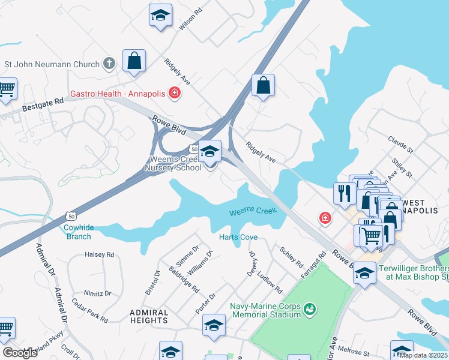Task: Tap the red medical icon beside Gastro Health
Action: (174, 93)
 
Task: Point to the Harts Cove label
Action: (238, 237)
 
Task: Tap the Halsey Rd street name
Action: (100, 254)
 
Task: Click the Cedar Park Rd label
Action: (89, 311)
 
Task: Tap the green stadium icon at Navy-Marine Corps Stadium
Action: (310, 309)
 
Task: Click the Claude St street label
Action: (400, 145)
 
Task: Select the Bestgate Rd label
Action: (43, 105)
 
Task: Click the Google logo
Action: (20, 353)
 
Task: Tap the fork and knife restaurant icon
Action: (343, 193)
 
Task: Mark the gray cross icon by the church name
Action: (109, 62)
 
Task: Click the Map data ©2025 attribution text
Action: (423, 355)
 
